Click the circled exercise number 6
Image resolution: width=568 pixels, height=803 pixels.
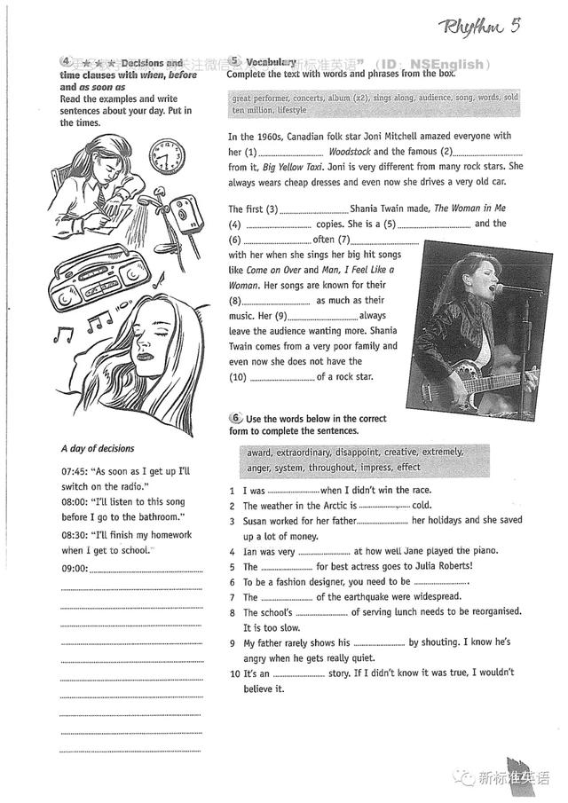[235, 417]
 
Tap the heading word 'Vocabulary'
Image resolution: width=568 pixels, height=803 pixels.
[271, 62]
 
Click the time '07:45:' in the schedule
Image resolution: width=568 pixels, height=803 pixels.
[75, 470]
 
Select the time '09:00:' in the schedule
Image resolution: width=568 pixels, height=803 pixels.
[75, 568]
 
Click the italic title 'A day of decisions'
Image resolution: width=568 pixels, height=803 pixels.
[98, 449]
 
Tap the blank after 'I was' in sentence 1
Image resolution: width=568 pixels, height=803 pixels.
[292, 491]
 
